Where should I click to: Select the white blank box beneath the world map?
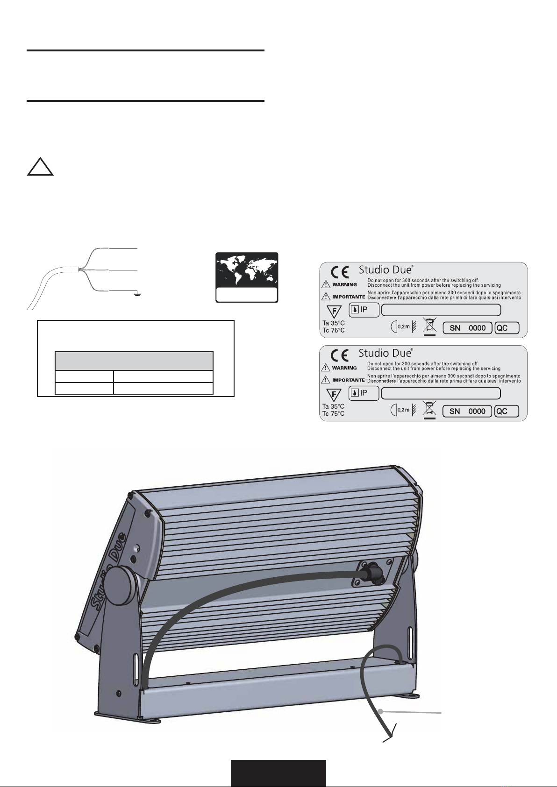247,295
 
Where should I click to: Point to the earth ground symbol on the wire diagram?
137,294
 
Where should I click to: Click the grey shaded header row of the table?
134,361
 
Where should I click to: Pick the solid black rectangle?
278,773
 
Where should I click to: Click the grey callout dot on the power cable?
380,711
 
